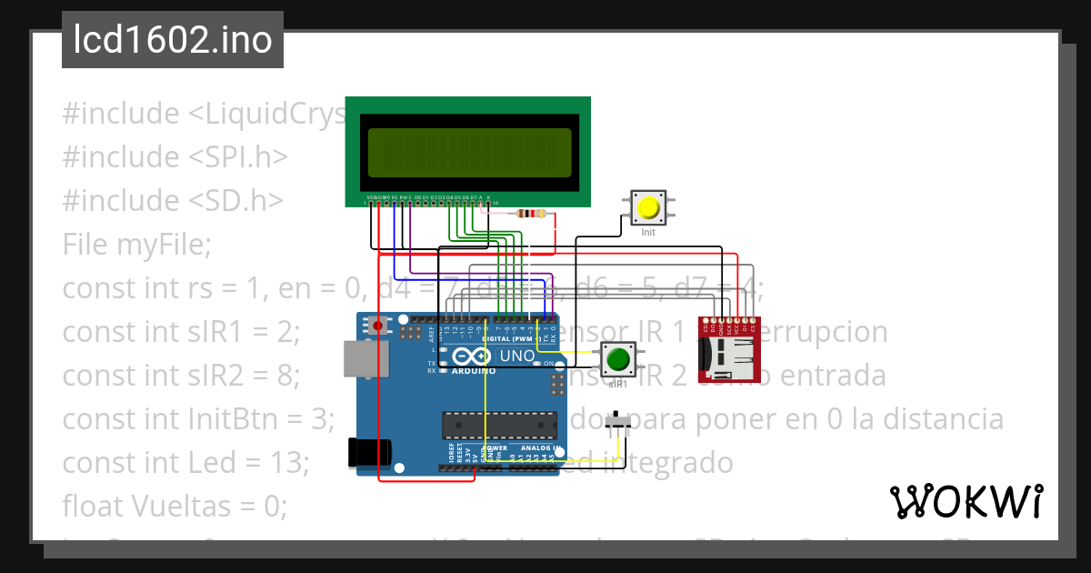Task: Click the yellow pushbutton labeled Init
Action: click(648, 208)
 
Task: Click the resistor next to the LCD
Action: click(530, 214)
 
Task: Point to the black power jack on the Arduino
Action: click(369, 451)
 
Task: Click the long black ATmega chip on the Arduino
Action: click(499, 424)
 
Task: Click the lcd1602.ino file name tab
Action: click(173, 40)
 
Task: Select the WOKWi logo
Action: click(966, 501)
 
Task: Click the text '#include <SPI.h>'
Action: click(175, 157)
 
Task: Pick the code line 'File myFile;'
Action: click(136, 245)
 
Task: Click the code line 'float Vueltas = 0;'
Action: click(174, 506)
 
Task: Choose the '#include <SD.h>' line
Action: click(173, 201)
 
